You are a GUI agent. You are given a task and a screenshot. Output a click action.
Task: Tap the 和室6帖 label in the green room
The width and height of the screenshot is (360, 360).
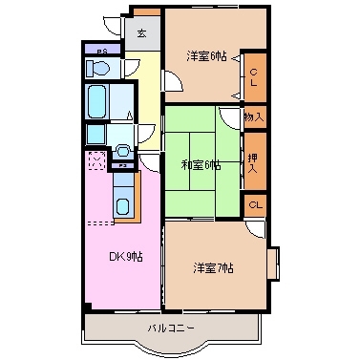(x=201, y=164)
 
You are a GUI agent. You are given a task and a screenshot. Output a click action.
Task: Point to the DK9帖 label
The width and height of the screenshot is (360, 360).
(x=124, y=256)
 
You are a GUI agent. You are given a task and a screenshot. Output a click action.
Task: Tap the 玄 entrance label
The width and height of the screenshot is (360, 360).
(x=141, y=33)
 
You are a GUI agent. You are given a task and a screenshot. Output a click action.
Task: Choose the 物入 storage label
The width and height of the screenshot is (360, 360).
(x=254, y=116)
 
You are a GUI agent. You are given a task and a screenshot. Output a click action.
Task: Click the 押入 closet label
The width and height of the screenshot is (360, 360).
(x=254, y=160)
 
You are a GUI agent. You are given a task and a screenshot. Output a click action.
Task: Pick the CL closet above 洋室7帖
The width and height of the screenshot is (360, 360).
(x=255, y=205)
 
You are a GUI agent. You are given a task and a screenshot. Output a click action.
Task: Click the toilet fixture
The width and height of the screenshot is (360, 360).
(x=96, y=68)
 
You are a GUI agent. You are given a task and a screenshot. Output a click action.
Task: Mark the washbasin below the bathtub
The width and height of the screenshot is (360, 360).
(x=123, y=151)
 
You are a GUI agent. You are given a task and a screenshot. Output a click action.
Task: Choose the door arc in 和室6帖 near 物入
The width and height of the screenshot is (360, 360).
(x=230, y=118)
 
